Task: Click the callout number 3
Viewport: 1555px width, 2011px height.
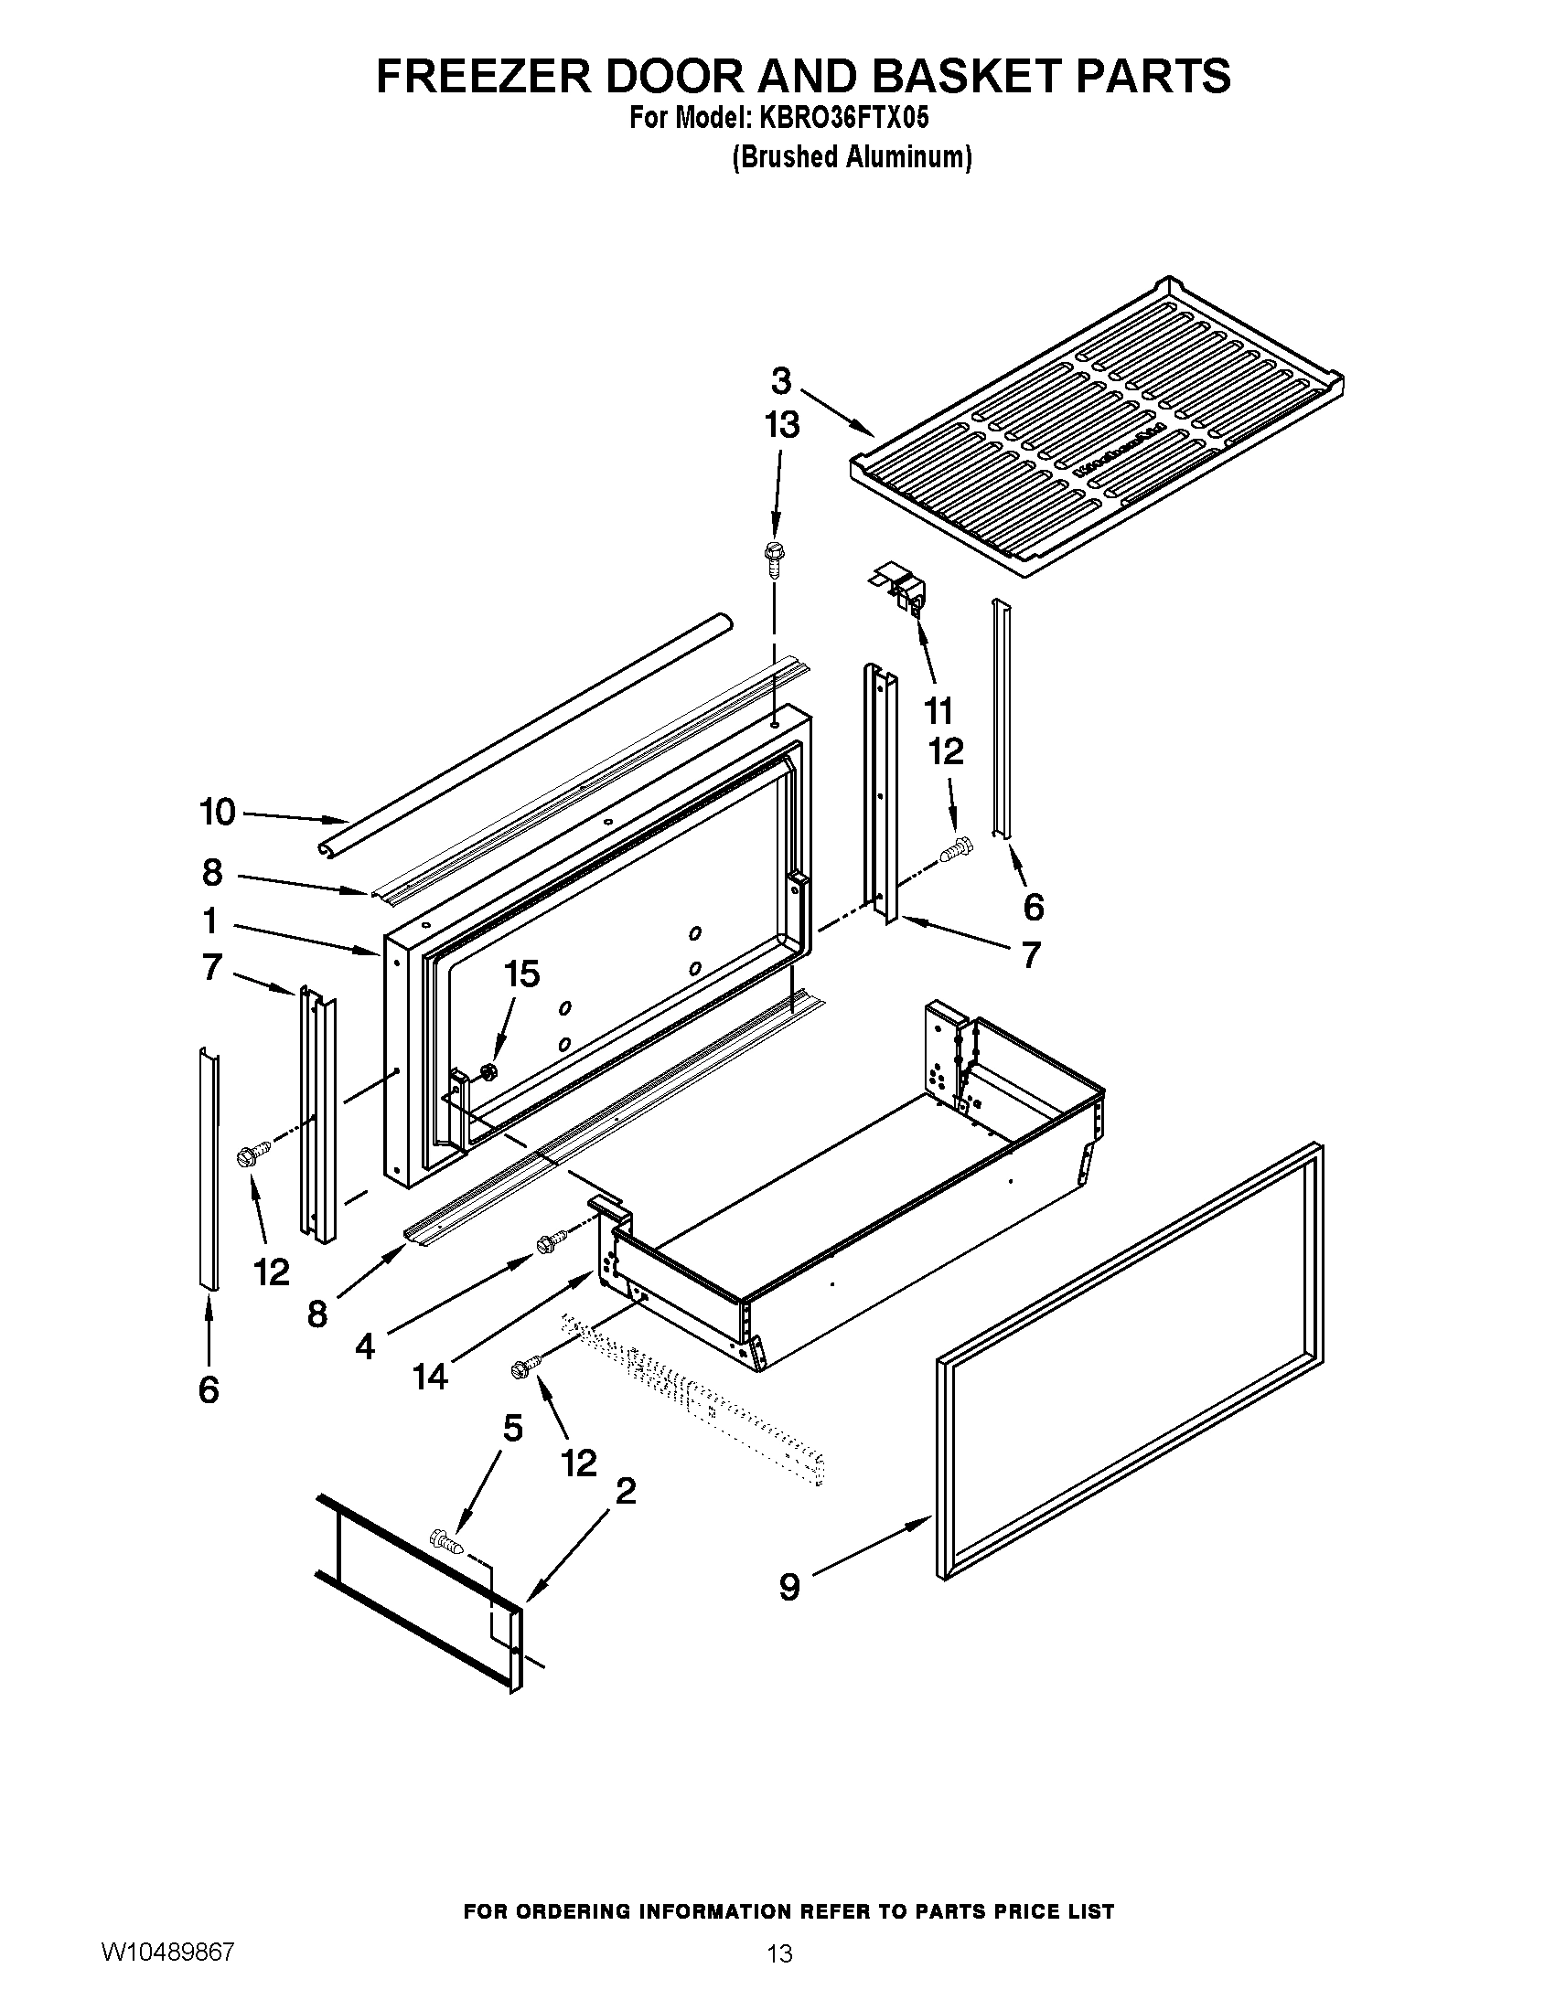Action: coord(781,380)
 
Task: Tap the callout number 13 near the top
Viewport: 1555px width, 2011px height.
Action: coord(781,425)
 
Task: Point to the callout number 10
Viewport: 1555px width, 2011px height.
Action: coord(218,812)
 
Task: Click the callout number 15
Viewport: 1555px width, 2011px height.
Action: coord(522,974)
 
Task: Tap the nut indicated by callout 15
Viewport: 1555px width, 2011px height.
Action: coord(489,1071)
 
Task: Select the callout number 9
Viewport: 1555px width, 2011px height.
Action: coord(789,1587)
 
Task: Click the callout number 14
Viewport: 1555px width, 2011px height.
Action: coord(430,1377)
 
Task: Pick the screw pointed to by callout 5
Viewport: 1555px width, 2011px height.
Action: coord(445,1538)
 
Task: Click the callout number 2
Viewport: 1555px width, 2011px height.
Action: coord(626,1491)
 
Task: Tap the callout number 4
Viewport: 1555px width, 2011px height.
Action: coord(365,1347)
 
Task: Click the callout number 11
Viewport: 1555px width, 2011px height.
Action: coord(938,711)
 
